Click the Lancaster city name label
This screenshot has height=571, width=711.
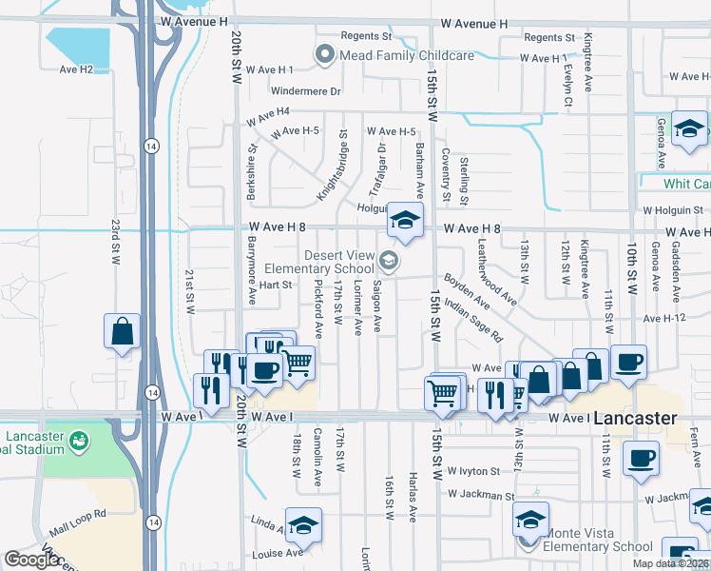pyautogui.click(x=636, y=418)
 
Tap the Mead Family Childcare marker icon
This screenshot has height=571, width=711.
pyautogui.click(x=326, y=55)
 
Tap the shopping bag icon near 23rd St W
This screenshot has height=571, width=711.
pyautogui.click(x=124, y=332)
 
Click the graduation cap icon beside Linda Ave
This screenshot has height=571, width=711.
pyautogui.click(x=303, y=525)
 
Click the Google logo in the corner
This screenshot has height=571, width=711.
pyautogui.click(x=30, y=560)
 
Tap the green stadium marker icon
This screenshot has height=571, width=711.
pyautogui.click(x=78, y=439)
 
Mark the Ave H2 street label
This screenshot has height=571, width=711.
pyautogui.click(x=76, y=69)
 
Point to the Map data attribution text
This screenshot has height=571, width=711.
pyautogui.click(x=671, y=563)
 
